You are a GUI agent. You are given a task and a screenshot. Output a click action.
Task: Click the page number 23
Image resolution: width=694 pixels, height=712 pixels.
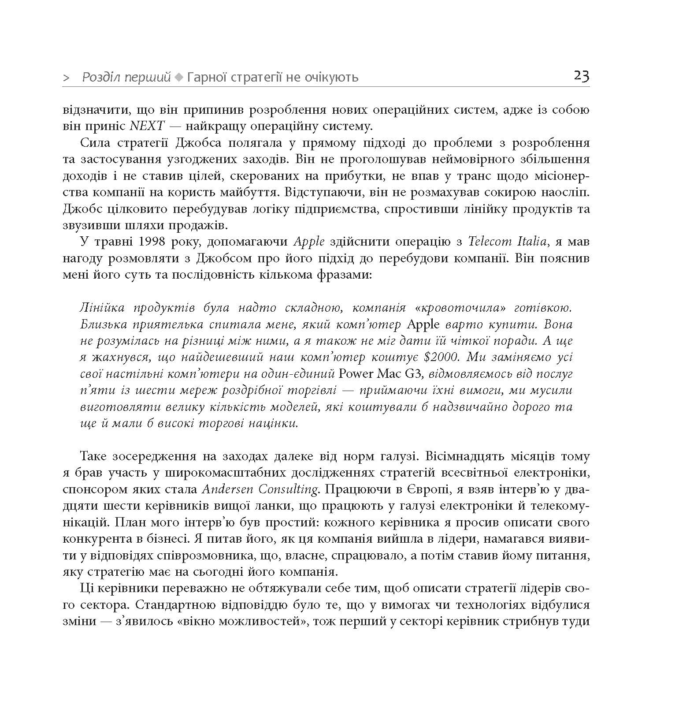(581, 76)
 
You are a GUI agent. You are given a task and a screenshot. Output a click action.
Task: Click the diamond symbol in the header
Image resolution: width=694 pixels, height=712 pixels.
(178, 78)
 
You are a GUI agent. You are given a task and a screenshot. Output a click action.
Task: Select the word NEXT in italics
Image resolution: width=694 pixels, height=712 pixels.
(147, 126)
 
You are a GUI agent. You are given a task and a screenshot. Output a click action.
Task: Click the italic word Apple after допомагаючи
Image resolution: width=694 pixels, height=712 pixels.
(309, 242)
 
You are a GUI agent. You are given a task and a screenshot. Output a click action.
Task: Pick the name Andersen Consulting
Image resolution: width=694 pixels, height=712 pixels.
(260, 489)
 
